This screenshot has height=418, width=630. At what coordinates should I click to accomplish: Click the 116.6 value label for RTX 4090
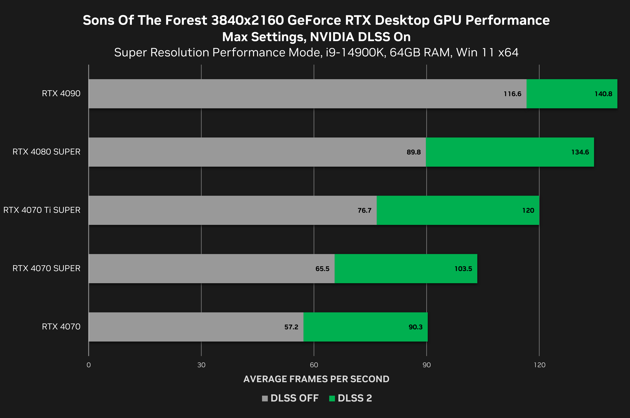point(512,94)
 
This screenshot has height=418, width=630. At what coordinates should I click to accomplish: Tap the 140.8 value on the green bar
point(603,94)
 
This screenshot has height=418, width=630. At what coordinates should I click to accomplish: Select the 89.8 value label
point(414,152)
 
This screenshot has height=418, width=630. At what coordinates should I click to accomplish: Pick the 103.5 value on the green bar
point(463,269)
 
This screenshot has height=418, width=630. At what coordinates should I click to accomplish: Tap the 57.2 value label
point(291,327)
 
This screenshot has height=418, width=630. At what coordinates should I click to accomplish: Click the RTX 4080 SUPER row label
point(46,152)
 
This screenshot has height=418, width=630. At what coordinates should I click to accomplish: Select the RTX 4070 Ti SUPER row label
point(42,210)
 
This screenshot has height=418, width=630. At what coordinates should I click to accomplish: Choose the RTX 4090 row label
point(61,94)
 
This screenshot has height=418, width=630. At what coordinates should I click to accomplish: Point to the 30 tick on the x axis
point(201,365)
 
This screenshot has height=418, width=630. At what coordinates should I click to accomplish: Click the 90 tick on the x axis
point(426,365)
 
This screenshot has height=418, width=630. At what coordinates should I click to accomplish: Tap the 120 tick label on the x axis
point(539,365)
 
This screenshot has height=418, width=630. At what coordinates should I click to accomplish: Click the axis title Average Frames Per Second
point(316,379)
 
